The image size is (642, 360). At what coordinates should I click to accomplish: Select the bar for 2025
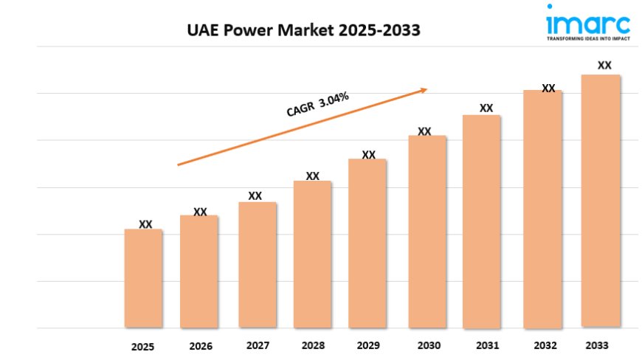click(143, 278)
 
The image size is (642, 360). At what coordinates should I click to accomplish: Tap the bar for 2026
click(199, 271)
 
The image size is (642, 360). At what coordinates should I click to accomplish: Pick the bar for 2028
click(312, 255)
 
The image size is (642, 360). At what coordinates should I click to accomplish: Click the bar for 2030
click(427, 232)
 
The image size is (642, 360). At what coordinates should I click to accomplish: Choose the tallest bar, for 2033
click(601, 201)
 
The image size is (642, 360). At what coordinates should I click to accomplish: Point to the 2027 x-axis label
click(257, 345)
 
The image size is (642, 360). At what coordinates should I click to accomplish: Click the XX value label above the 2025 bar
click(146, 224)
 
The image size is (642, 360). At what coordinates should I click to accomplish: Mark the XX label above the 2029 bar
click(369, 155)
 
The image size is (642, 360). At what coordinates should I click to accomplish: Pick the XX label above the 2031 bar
click(486, 108)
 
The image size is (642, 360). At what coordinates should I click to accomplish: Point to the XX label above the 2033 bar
click(604, 65)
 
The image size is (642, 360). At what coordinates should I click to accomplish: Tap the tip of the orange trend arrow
click(427, 89)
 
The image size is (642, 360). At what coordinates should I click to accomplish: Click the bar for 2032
click(543, 209)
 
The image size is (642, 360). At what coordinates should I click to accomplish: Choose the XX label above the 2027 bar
click(255, 196)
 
